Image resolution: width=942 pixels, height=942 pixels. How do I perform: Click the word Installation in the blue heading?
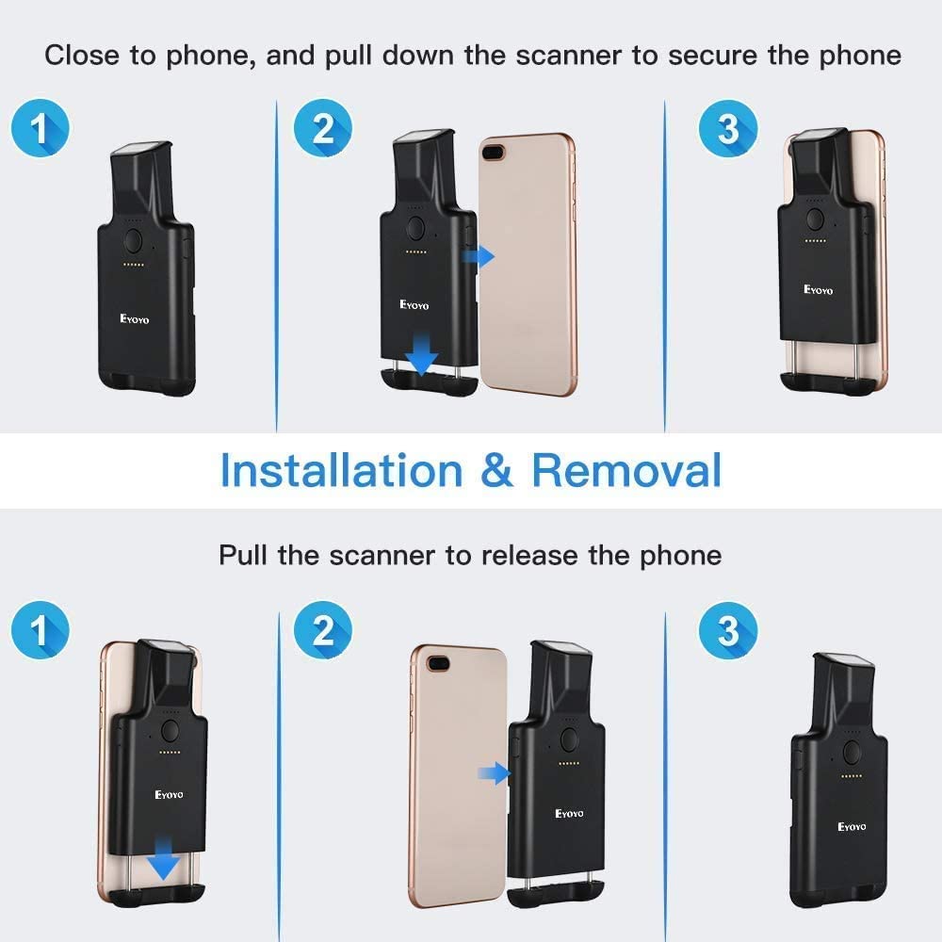[x=341, y=470]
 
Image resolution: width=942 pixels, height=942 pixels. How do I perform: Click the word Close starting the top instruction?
[x=85, y=55]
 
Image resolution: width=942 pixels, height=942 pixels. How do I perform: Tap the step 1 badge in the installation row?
[x=40, y=128]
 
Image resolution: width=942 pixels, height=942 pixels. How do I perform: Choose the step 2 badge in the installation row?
[x=323, y=128]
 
